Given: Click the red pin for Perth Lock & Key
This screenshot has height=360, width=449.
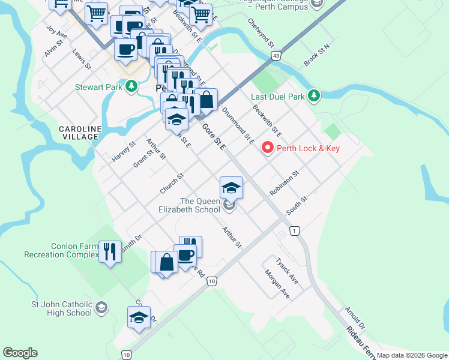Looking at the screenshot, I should pyautogui.click(x=267, y=148).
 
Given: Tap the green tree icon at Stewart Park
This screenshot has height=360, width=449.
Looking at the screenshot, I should pyautogui.click(x=131, y=87).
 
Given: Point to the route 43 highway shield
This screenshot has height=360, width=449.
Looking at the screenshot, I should pyautogui.click(x=276, y=55).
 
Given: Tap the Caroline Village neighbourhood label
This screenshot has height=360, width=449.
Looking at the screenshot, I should pyautogui.click(x=78, y=133).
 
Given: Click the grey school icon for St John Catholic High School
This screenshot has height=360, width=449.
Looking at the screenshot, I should pyautogui.click(x=101, y=308).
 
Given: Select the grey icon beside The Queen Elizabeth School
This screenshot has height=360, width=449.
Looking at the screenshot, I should pyautogui.click(x=229, y=206).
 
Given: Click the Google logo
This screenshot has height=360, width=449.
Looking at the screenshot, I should pyautogui.click(x=20, y=353).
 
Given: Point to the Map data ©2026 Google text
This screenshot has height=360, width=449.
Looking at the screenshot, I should pyautogui.click(x=412, y=355).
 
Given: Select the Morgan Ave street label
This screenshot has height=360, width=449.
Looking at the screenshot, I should pyautogui.click(x=277, y=284).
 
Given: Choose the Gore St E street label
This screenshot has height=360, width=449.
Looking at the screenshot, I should pyautogui.click(x=214, y=137).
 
